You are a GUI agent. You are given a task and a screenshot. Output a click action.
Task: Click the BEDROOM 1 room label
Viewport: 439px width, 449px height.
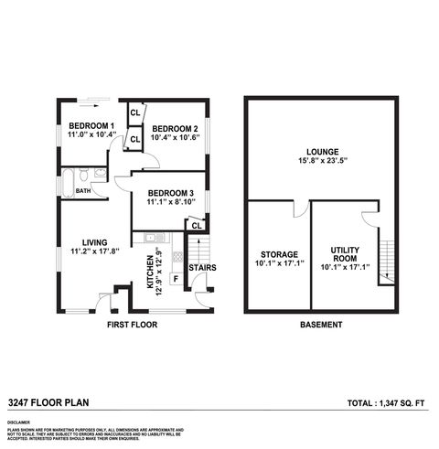(x=91, y=125)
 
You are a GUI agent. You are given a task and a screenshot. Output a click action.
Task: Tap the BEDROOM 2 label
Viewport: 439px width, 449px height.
(x=176, y=128)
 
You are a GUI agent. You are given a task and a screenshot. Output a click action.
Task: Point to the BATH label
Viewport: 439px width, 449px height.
(x=83, y=191)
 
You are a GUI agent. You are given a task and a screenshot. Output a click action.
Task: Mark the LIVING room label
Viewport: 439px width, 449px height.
(x=95, y=242)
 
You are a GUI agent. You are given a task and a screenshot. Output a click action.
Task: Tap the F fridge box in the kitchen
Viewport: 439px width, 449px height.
(x=176, y=277)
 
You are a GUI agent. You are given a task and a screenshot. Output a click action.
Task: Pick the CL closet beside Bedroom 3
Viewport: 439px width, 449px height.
(x=196, y=224)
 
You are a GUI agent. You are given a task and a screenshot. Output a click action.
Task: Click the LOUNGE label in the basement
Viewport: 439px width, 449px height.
(x=323, y=152)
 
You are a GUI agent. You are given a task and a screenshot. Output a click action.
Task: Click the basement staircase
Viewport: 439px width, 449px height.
(x=386, y=260)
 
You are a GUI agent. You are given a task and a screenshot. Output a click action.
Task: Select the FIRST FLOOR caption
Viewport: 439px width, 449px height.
(x=132, y=325)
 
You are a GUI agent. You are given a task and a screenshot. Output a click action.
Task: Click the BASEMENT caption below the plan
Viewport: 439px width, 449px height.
(x=322, y=325)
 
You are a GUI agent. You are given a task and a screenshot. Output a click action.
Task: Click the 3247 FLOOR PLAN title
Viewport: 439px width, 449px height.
(x=48, y=401)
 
